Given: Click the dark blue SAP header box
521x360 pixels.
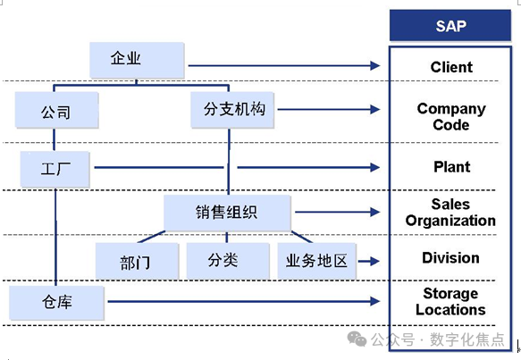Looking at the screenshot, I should [x=450, y=25].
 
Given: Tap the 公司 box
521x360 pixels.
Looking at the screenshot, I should [x=56, y=113].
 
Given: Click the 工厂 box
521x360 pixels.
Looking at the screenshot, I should [x=56, y=167].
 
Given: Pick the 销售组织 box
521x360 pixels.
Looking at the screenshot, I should [x=227, y=213].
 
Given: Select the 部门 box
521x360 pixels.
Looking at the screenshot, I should [x=136, y=262].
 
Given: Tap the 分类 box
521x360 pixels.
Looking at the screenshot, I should [x=227, y=261].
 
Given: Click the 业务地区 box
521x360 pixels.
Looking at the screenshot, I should [x=316, y=261].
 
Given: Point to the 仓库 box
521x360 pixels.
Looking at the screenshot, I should [x=56, y=303].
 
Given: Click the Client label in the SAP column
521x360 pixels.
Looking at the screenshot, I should [x=451, y=67].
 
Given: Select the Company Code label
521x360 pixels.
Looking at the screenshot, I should [x=451, y=117].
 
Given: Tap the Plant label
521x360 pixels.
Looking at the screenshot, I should [x=451, y=167].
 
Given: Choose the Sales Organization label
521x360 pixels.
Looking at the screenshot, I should [x=450, y=213].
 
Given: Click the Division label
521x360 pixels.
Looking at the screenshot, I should [x=450, y=258].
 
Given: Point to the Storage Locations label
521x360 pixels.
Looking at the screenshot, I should [x=450, y=302].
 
